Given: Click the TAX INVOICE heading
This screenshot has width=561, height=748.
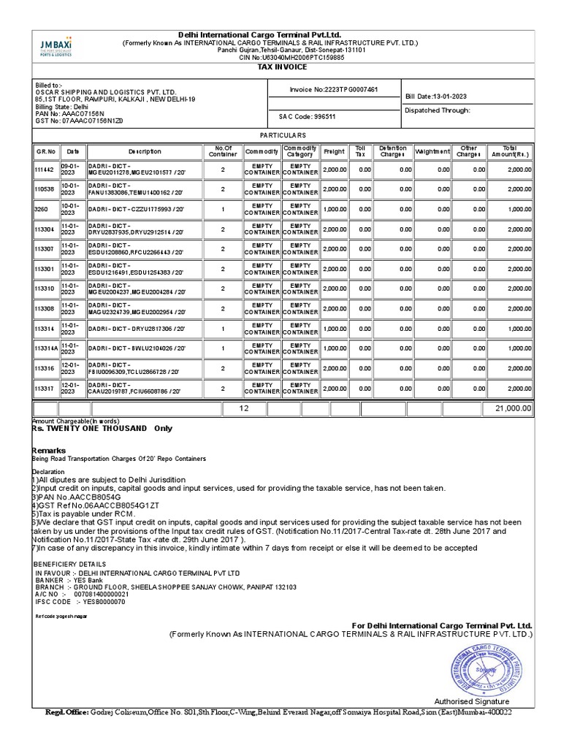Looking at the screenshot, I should pos(283,67).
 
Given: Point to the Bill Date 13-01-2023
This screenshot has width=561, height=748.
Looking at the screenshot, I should pos(438,96).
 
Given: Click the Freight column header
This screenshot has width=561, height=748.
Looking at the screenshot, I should pos(334,151).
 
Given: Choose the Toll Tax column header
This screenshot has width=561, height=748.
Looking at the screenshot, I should pos(360,151).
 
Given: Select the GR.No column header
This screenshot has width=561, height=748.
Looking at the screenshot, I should pos(45,151).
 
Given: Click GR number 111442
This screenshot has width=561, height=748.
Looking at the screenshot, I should pos(45,169).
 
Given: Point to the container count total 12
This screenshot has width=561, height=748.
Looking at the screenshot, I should pos(244,408).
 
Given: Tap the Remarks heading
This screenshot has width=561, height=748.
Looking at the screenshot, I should pos(49,450).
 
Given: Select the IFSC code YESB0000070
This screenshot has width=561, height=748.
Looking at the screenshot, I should pos(100,602).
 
